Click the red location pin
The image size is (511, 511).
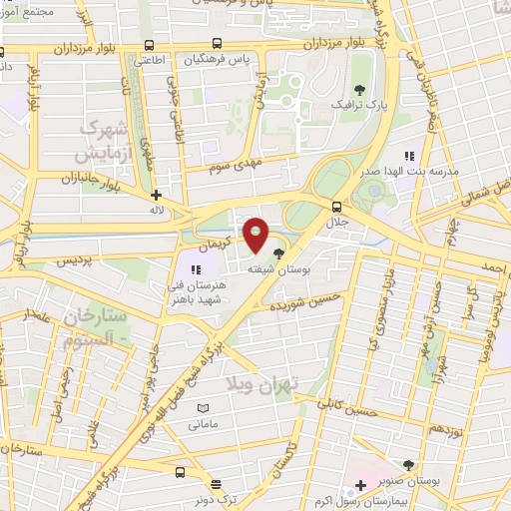pos(256,235)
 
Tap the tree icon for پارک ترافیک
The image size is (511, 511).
pos(358,89)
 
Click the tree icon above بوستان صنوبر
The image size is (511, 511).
pos(408,464)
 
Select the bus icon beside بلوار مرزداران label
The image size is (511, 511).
pos(149,45)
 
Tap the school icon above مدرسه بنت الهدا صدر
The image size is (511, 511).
pos(408,155)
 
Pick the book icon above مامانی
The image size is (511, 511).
pos(204,409)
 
